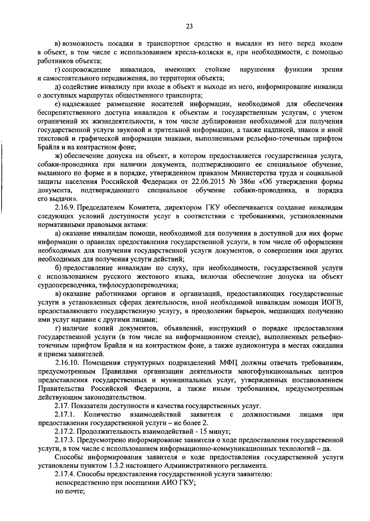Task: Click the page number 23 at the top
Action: [189, 27]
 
